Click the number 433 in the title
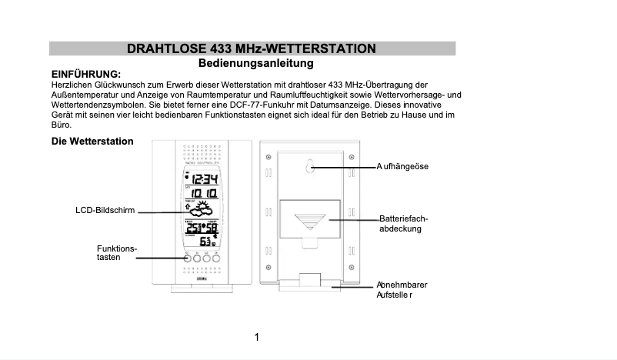click(x=216, y=48)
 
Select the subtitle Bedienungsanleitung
click(x=255, y=63)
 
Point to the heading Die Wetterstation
click(x=92, y=142)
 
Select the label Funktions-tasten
click(x=116, y=253)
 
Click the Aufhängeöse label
click(x=402, y=166)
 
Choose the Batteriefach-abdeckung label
click(x=403, y=224)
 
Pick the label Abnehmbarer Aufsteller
click(x=402, y=290)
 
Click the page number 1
click(x=256, y=337)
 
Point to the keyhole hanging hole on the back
click(x=311, y=166)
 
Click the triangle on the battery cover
click(x=310, y=222)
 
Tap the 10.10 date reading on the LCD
click(x=203, y=194)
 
